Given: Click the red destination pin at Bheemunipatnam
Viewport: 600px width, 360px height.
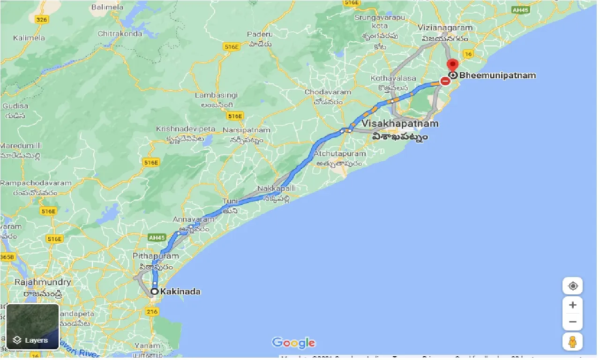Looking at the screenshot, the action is tap(452, 65).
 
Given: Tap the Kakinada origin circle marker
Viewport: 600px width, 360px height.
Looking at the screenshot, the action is tap(154, 292).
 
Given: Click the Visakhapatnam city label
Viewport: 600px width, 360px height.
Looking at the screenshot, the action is tap(400, 124).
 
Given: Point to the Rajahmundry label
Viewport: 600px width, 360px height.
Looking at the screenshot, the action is tap(43, 282).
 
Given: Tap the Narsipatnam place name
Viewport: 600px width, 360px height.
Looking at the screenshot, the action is tap(246, 130).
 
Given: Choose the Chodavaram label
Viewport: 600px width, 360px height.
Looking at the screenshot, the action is tap(328, 92).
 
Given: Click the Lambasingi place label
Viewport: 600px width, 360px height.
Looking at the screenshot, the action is tap(216, 95).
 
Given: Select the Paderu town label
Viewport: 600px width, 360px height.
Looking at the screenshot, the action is tap(260, 35).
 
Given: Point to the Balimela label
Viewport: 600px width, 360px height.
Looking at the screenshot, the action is tap(107, 7).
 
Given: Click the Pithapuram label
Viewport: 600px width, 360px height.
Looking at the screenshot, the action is tap(156, 256).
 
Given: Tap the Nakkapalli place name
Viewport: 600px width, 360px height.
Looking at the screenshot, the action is tap(277, 188).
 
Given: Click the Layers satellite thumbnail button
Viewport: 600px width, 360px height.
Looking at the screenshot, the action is tap(32, 326).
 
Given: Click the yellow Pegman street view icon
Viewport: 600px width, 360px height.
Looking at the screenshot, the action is tap(572, 341).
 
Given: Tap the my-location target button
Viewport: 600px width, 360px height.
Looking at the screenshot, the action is tap(572, 286).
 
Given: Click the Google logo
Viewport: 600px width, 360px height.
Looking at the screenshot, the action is tap(293, 343).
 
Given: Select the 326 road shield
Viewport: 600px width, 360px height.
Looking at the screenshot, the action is tap(42, 19).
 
